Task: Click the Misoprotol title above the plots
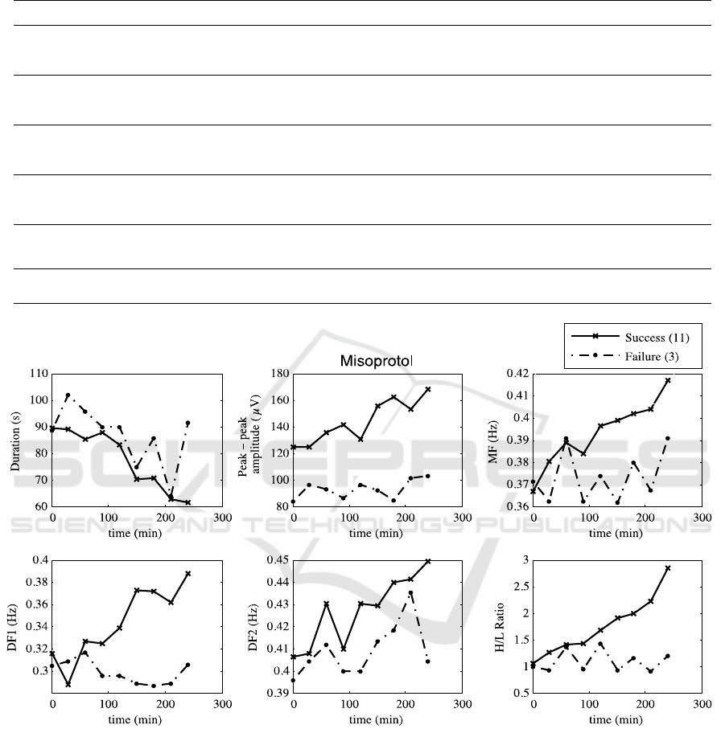(x=375, y=361)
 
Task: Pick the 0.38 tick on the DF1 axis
(x=35, y=582)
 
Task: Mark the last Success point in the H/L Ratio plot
(x=668, y=568)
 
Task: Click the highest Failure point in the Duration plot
(x=68, y=395)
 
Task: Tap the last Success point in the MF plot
(x=668, y=380)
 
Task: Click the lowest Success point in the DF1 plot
(x=68, y=684)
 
